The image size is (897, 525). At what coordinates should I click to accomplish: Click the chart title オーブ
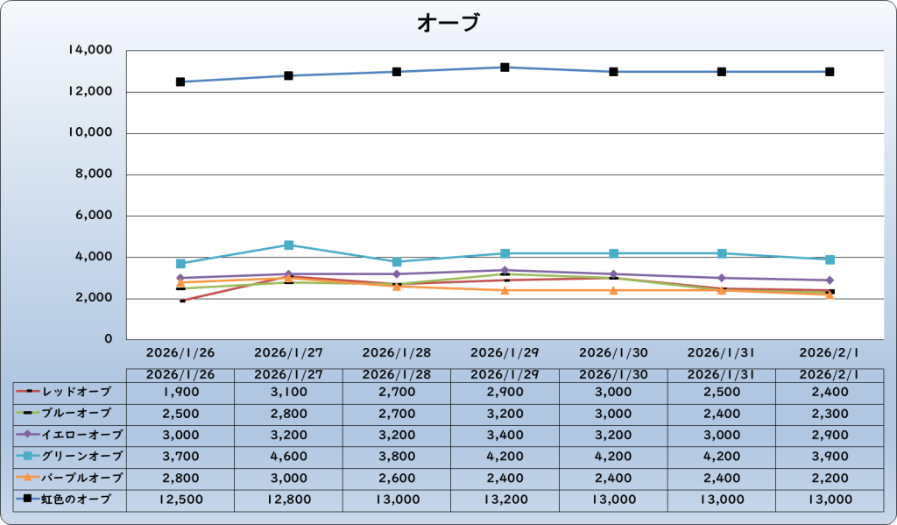448,23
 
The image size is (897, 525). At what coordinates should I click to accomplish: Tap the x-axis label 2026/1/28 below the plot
397,352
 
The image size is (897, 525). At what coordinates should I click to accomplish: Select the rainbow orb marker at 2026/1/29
505,67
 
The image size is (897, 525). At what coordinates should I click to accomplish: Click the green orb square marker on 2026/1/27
288,245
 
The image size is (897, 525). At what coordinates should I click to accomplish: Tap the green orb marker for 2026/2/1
830,259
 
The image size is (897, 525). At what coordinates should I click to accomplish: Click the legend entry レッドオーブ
70,391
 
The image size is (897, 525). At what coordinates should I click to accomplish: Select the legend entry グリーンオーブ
70,457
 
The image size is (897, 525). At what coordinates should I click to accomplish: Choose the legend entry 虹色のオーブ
70,500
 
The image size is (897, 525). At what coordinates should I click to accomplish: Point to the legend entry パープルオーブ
70,479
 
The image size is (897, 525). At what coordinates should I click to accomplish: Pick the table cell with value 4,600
288,457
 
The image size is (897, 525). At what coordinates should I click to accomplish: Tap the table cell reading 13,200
505,500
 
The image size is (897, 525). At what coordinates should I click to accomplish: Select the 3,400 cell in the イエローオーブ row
505,435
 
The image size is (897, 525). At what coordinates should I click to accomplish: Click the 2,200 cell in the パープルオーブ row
830,479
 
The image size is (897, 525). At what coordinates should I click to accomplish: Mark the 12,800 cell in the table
288,500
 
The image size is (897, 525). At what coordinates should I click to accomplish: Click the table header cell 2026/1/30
613,374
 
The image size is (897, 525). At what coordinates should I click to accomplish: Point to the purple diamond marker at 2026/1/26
180,278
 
